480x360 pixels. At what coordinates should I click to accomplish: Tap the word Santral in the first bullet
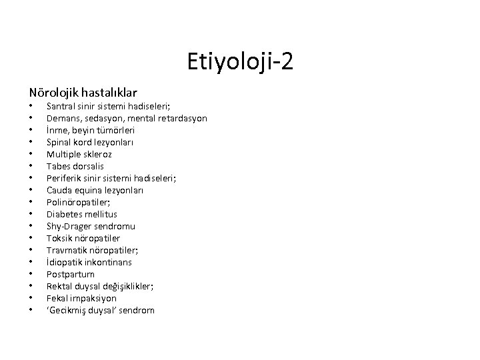[x=61, y=106]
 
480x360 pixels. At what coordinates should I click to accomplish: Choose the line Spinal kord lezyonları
[x=90, y=142]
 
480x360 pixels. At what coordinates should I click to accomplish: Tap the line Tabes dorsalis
[x=75, y=166]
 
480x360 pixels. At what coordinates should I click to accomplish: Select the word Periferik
[x=64, y=178]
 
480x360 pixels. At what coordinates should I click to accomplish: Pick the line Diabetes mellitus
[x=82, y=214]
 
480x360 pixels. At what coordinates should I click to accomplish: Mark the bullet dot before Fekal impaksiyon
[x=31, y=299]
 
